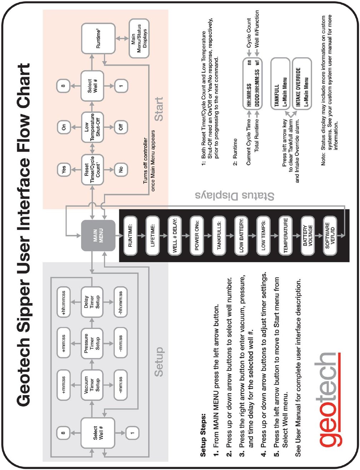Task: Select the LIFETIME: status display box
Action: pos(152,236)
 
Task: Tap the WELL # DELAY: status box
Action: pos(175,236)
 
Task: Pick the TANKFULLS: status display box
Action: pos(219,236)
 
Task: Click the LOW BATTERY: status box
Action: pos(241,236)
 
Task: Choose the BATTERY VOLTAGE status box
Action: pos(307,236)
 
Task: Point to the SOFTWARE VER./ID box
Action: pos(330,236)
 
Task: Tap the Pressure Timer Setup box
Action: pos(92,344)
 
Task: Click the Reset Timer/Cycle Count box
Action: pos(92,170)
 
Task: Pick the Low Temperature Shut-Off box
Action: pos(92,127)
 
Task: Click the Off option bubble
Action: pos(121,127)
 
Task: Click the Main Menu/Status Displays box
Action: pos(139,39)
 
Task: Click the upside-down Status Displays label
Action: pos(235,196)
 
